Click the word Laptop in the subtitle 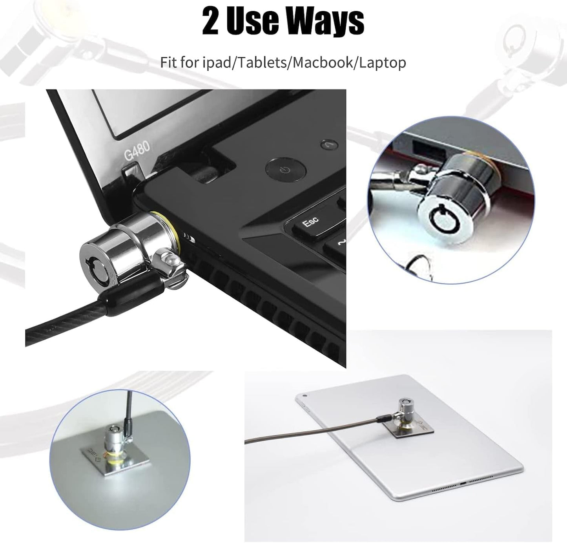(383, 63)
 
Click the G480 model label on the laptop (137, 151)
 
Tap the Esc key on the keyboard (310, 223)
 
